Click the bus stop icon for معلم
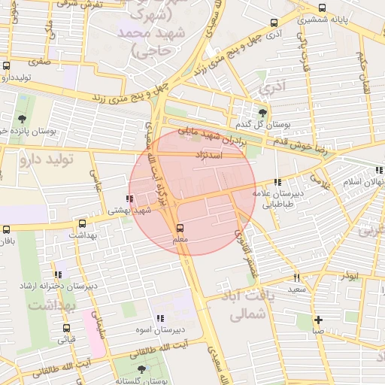(179, 227)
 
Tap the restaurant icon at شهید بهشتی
(131, 199)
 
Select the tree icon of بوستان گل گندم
(262, 112)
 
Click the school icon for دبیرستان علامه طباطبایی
(279, 181)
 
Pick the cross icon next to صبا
(319, 319)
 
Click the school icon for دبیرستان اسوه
(160, 318)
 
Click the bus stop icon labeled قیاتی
(67, 328)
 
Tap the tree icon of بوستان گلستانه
(141, 369)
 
